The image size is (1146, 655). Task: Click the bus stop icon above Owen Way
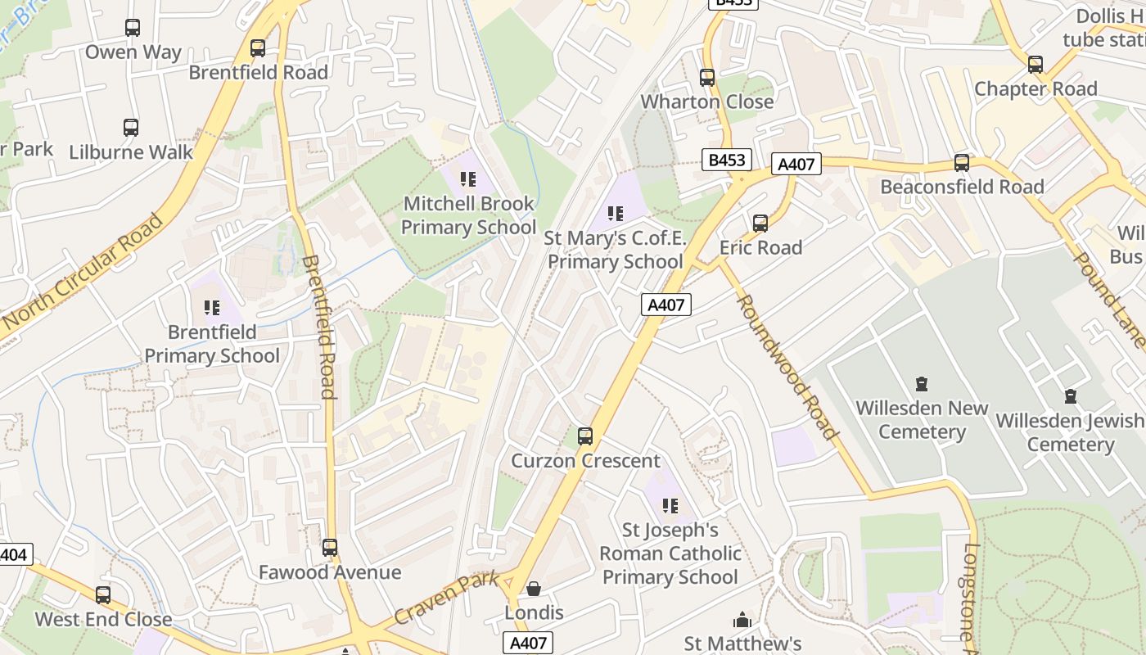click(133, 28)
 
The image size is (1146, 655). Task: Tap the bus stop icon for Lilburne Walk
click(131, 128)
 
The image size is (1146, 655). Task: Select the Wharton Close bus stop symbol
click(707, 78)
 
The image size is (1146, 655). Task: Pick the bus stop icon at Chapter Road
click(1035, 65)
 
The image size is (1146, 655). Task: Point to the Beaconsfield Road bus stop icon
click(962, 163)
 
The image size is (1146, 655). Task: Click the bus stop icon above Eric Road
click(760, 224)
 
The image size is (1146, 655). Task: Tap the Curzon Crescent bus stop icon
click(585, 436)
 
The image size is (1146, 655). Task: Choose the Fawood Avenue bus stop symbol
click(330, 548)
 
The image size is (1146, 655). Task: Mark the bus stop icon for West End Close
click(103, 595)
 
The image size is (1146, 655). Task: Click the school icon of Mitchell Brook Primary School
click(468, 178)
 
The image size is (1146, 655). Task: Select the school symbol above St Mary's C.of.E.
click(616, 214)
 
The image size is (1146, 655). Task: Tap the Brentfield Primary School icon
click(212, 308)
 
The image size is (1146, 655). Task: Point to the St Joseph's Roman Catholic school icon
click(670, 506)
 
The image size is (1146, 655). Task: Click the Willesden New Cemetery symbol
click(922, 384)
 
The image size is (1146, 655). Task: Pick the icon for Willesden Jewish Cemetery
click(1070, 397)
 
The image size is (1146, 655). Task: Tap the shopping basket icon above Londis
click(534, 589)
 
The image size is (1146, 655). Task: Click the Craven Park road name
click(446, 599)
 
